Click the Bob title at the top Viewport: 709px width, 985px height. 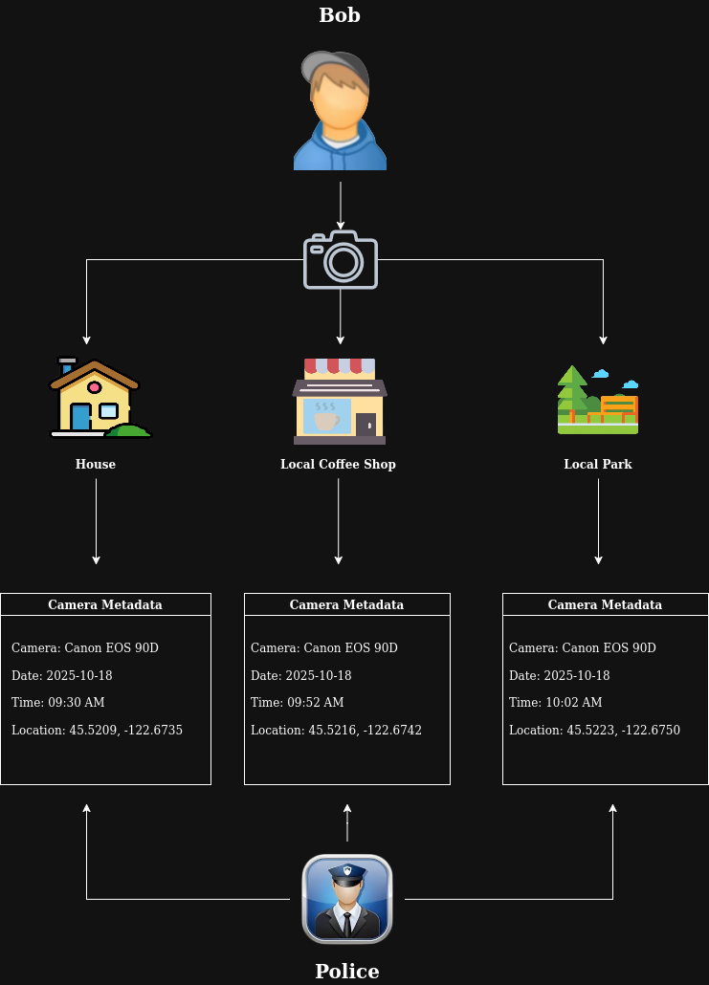pyautogui.click(x=340, y=15)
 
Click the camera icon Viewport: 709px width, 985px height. pyautogui.click(x=341, y=259)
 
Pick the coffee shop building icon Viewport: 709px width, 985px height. pyautogui.click(x=340, y=402)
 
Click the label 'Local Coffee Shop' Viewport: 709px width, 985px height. pyautogui.click(x=338, y=464)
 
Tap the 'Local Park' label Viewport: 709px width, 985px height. pyautogui.click(x=598, y=464)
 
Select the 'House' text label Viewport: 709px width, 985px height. pyautogui.click(x=96, y=464)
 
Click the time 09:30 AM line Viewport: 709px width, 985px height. pyautogui.click(x=58, y=703)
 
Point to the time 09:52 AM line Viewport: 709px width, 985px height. pyautogui.click(x=298, y=703)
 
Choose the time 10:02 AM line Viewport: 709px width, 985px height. pyautogui.click(x=556, y=703)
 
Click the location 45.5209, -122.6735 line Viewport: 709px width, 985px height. pyautogui.click(x=97, y=731)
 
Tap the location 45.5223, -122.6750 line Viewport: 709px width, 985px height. pyautogui.click(x=594, y=731)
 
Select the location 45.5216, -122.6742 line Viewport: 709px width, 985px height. pyautogui.click(x=336, y=731)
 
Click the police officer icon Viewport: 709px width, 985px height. pyautogui.click(x=347, y=899)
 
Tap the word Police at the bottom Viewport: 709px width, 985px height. pyautogui.click(x=347, y=972)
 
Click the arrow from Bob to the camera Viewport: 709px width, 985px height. pyautogui.click(x=341, y=205)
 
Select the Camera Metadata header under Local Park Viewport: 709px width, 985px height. pyautogui.click(x=605, y=604)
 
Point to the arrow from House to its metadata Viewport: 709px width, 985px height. pyautogui.click(x=96, y=521)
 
